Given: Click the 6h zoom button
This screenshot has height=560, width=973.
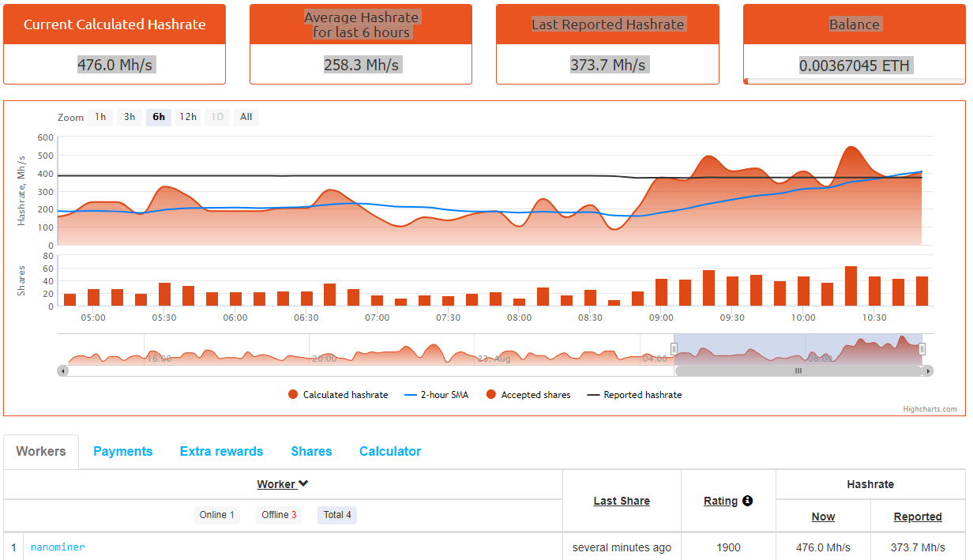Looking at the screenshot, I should pyautogui.click(x=159, y=117).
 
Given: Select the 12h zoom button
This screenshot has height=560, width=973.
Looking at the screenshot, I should pyautogui.click(x=188, y=117).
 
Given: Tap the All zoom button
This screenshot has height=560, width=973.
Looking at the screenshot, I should pyautogui.click(x=246, y=117).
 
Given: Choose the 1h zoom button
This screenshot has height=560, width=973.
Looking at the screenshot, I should pyautogui.click(x=100, y=117).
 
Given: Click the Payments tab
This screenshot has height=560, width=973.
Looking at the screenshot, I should pyautogui.click(x=122, y=452).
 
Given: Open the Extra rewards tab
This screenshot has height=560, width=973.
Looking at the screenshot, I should pyautogui.click(x=221, y=452).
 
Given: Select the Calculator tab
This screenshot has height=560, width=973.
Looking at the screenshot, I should pyautogui.click(x=390, y=452).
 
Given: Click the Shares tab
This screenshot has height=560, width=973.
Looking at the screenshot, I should pyautogui.click(x=311, y=452).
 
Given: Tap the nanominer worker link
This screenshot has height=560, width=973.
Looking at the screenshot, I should pyautogui.click(x=58, y=547).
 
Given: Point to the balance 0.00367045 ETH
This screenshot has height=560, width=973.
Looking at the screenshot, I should pyautogui.click(x=855, y=66).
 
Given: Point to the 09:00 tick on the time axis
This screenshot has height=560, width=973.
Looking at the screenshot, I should pyautogui.click(x=662, y=318).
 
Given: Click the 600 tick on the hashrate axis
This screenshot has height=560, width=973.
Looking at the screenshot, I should pyautogui.click(x=45, y=137).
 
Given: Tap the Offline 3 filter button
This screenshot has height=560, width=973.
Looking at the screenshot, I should pyautogui.click(x=279, y=515).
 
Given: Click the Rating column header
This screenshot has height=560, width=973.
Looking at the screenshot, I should pyautogui.click(x=720, y=501).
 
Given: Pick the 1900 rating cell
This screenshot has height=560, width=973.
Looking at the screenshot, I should pyautogui.click(x=728, y=547).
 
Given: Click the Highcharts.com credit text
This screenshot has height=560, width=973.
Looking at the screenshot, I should pyautogui.click(x=930, y=409).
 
